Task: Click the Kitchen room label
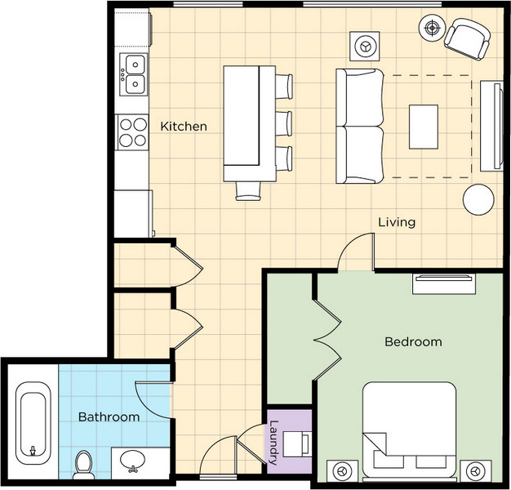[x=184, y=127]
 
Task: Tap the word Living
[x=397, y=222]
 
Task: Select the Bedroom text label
[x=413, y=341]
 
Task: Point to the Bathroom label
[x=109, y=417]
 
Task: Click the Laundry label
[x=273, y=443]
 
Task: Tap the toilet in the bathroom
[x=83, y=465]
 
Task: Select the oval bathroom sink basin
[x=132, y=461]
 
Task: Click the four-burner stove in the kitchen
[x=132, y=132]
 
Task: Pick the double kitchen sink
[x=134, y=74]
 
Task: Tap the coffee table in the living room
[x=424, y=127]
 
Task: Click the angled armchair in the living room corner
[x=467, y=39]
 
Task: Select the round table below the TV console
[x=478, y=199]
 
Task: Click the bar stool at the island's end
[x=248, y=191]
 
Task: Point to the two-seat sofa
[x=360, y=126]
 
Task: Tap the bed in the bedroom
[x=409, y=430]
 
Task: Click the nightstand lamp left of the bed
[x=342, y=471]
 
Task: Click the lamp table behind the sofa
[x=365, y=46]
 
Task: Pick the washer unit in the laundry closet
[x=296, y=444]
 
